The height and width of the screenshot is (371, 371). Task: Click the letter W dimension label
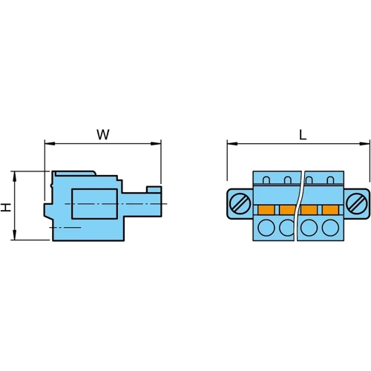103,134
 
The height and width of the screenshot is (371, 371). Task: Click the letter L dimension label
303,135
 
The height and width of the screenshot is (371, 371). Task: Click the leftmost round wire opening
266,228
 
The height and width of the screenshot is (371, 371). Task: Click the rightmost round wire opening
329,228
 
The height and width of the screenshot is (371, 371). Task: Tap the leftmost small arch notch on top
267,180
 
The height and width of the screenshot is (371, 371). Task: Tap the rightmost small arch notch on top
329,180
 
